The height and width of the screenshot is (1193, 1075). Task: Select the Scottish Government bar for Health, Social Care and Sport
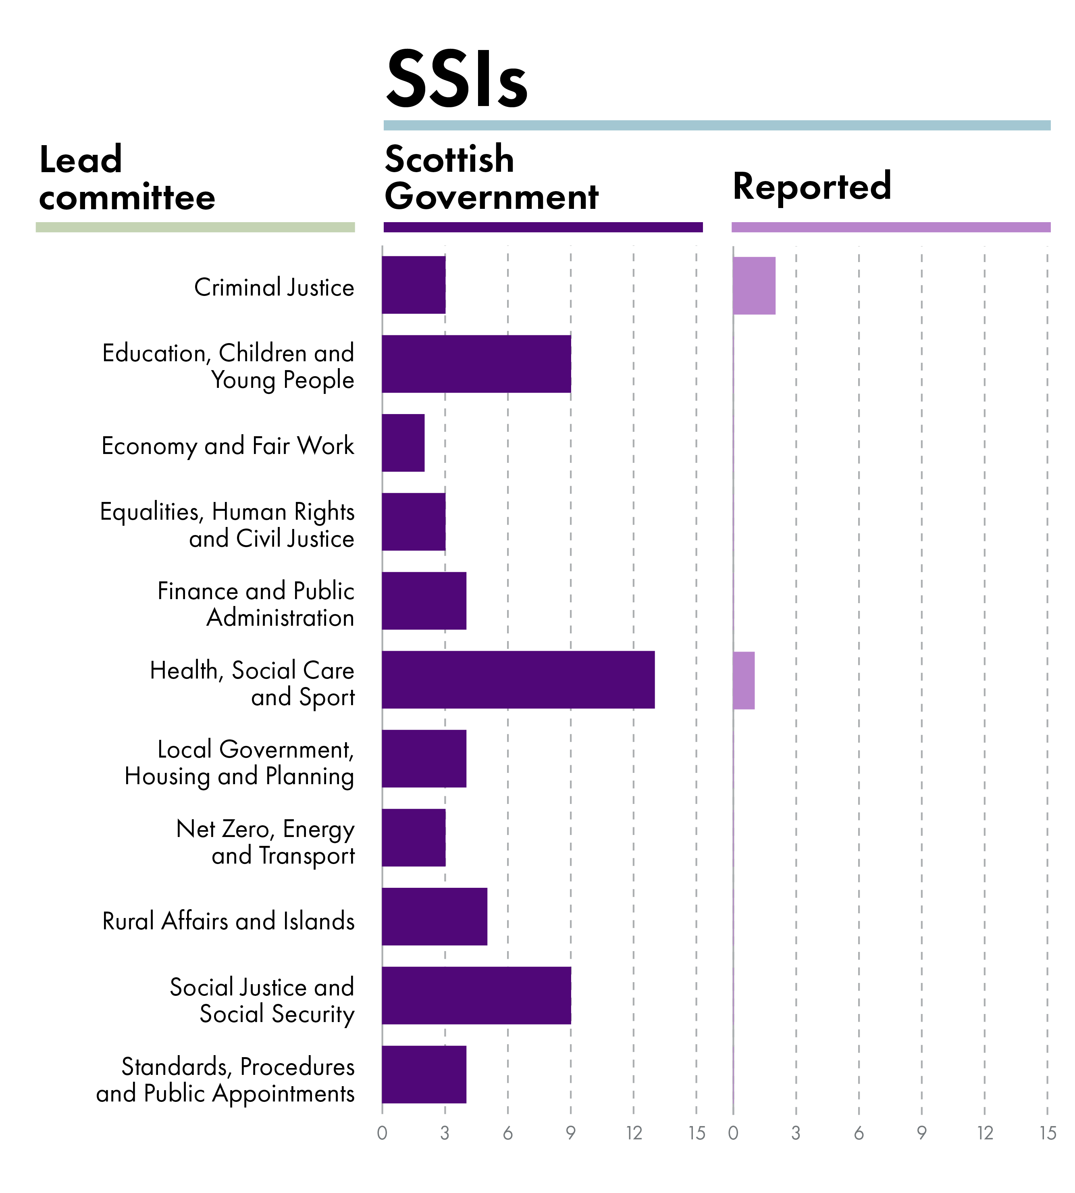(518, 679)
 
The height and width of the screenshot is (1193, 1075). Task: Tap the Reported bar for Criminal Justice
(754, 285)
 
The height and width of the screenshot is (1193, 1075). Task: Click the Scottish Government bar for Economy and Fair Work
(403, 443)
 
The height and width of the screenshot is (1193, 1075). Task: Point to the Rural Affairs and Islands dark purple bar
(434, 916)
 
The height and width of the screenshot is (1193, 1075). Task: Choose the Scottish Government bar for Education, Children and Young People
(476, 364)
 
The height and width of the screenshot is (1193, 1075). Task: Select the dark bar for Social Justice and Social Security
(476, 995)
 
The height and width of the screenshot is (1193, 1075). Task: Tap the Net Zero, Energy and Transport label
(266, 842)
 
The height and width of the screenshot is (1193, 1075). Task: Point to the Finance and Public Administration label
(256, 604)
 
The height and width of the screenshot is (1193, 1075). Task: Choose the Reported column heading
(811, 186)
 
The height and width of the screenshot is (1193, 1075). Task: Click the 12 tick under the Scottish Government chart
(634, 1133)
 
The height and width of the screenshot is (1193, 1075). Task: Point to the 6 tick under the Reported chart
(859, 1133)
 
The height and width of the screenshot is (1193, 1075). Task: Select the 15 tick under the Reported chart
(1047, 1133)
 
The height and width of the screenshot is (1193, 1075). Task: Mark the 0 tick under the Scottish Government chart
(382, 1133)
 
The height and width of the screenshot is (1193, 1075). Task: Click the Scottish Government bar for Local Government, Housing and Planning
(424, 759)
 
